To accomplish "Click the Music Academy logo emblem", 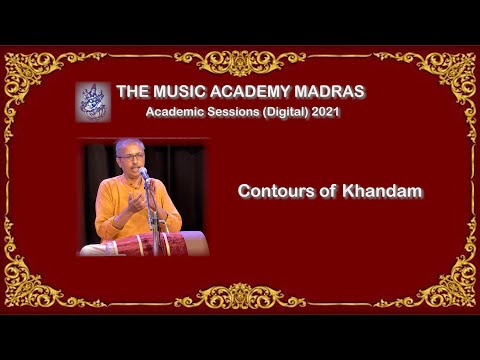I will coord(93,101).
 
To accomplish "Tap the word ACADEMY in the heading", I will coord(251,92).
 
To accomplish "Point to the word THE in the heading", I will coord(133,92).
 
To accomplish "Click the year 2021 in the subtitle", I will coord(325,112).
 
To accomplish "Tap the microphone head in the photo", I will coord(143,172).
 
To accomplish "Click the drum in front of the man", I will coord(160,243).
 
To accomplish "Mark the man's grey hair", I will coord(128,146).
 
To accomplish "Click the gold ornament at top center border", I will coord(240,62).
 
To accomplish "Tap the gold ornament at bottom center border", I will coord(240,295).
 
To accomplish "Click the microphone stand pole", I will coord(153,215).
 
